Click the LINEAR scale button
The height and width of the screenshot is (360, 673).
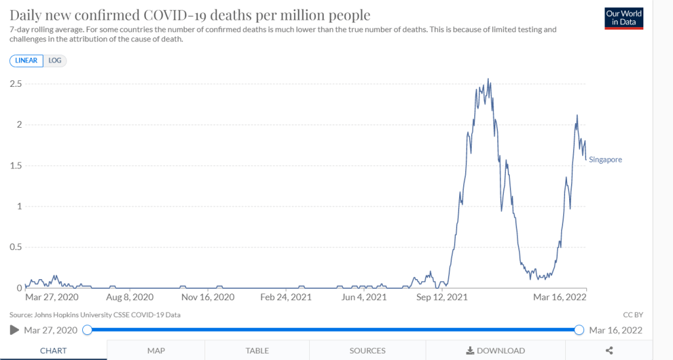click(x=26, y=61)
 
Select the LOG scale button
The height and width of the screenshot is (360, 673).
click(x=55, y=61)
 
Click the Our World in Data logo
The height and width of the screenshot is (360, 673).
click(x=623, y=18)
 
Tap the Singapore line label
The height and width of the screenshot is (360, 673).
click(x=605, y=160)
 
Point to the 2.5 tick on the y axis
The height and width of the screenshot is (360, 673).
click(x=16, y=84)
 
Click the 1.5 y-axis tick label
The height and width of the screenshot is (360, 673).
click(x=16, y=165)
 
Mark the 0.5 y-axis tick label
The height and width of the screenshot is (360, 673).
click(x=16, y=247)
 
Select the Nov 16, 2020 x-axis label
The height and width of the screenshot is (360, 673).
click(x=207, y=297)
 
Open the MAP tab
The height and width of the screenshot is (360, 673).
click(x=156, y=351)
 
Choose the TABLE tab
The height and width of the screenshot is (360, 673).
click(x=257, y=351)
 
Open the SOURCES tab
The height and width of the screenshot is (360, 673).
click(x=368, y=351)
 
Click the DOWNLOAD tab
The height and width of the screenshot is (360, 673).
click(x=495, y=351)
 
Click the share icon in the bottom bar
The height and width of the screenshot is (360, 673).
click(x=609, y=351)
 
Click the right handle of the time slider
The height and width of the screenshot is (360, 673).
click(x=579, y=330)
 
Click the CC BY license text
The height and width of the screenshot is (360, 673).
click(x=632, y=315)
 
